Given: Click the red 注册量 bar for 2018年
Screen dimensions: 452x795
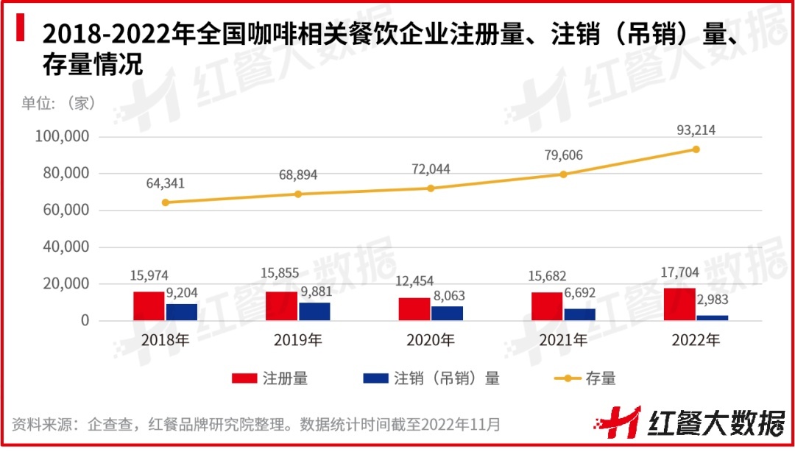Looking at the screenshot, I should [x=149, y=306].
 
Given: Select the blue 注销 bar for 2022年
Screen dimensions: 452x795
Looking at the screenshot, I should [x=712, y=317].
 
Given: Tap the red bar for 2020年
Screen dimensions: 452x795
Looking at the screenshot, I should [x=414, y=309].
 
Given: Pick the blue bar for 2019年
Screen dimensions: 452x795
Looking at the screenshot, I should [x=314, y=311].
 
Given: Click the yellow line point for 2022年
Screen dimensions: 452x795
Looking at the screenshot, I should [x=696, y=149].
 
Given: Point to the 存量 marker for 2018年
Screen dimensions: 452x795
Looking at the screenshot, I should [x=165, y=202].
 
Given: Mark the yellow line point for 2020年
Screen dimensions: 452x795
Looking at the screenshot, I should [x=431, y=188].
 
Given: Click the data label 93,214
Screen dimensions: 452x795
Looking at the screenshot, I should [x=696, y=130].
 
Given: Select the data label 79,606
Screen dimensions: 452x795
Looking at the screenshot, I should [x=563, y=156].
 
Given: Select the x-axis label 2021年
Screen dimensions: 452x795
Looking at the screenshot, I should [x=563, y=341].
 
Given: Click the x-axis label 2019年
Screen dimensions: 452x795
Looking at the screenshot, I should [x=298, y=341].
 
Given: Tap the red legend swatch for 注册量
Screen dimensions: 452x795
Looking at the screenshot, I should [x=244, y=378].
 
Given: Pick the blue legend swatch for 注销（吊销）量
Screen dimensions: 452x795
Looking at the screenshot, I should [x=375, y=378].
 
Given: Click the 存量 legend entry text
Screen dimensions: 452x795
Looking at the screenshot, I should [x=601, y=378].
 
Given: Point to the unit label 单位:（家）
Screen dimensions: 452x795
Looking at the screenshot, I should [x=59, y=104].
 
